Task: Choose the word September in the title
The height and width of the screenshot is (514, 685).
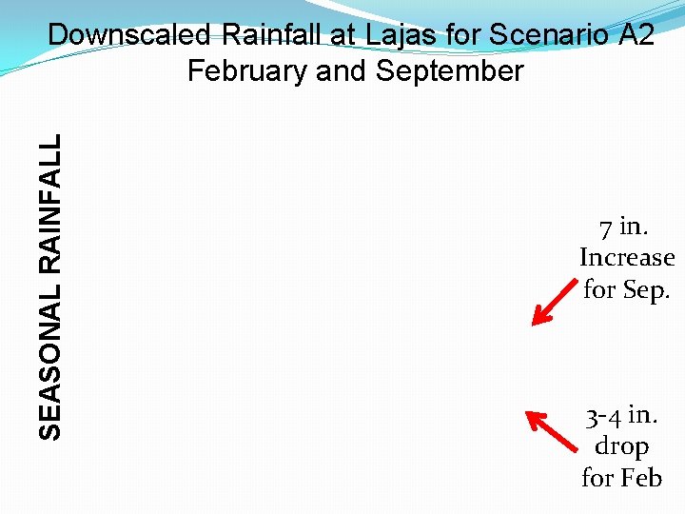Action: [x=447, y=71]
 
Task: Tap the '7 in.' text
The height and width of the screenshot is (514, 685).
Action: [x=623, y=227]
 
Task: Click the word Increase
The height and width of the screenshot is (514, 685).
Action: [x=627, y=258]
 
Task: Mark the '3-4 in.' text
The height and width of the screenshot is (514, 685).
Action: [x=622, y=416]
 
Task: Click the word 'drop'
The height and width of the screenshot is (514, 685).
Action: [x=621, y=446]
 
